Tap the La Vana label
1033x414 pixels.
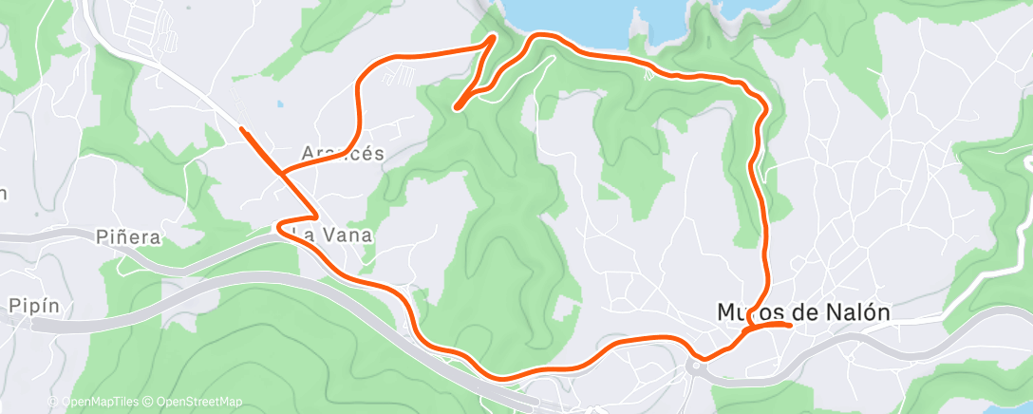332,234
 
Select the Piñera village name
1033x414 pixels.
128,236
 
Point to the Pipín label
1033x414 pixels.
35,306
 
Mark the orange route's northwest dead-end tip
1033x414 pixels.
241,127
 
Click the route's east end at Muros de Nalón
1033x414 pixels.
790,325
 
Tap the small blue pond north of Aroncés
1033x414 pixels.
279,104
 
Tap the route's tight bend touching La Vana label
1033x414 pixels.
280,227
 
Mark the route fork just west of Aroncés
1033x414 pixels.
281,174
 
